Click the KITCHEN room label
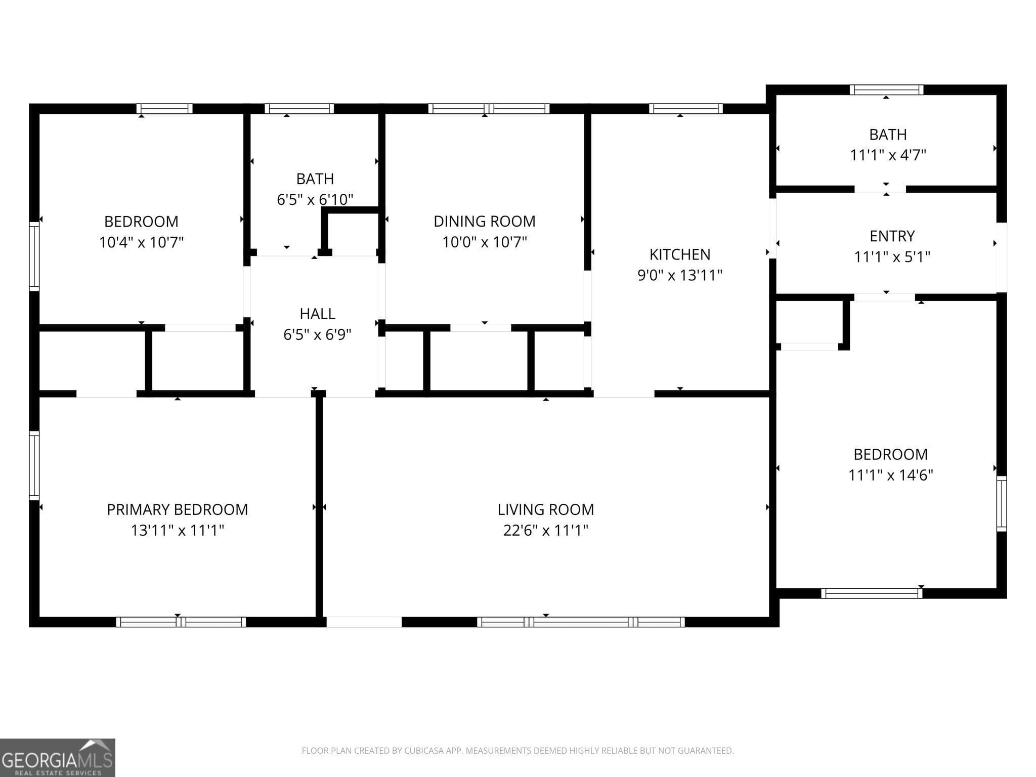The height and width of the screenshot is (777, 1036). [679, 254]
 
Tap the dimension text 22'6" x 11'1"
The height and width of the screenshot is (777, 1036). [545, 530]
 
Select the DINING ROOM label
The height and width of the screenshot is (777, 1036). [484, 221]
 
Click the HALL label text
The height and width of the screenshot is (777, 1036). [317, 314]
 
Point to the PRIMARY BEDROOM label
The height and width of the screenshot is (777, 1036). [177, 509]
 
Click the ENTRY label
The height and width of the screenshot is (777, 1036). [892, 236]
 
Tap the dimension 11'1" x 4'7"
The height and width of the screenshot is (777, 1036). [888, 155]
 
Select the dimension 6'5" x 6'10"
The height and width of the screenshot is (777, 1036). [315, 199]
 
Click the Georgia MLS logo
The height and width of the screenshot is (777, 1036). [57, 757]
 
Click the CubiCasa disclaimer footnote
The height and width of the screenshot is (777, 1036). [517, 751]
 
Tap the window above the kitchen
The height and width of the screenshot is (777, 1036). [685, 108]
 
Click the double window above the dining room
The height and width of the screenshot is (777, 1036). [489, 108]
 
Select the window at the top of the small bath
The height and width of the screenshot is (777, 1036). [299, 108]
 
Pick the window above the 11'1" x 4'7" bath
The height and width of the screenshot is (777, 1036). [886, 90]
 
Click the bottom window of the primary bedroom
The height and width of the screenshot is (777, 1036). [181, 622]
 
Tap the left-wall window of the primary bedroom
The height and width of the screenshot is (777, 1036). [34, 465]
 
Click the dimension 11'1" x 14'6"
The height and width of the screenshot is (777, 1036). [890, 475]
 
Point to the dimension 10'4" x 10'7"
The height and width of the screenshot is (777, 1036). [141, 242]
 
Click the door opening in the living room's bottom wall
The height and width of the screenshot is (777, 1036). [364, 622]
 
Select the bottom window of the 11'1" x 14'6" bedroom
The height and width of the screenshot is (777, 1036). [871, 593]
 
